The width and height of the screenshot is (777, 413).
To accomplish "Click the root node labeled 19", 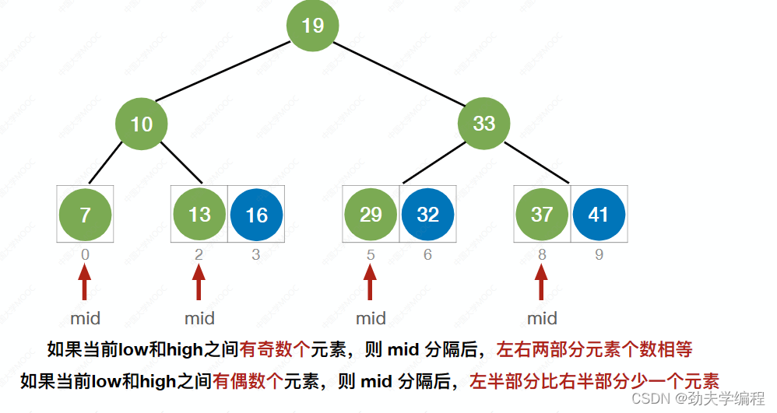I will pyautogui.click(x=312, y=26).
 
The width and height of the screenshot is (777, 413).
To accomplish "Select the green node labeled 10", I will pyautogui.click(x=142, y=124).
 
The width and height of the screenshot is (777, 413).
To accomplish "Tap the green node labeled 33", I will pyautogui.click(x=483, y=124).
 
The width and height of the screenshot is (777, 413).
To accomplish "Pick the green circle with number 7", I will pyautogui.click(x=85, y=214).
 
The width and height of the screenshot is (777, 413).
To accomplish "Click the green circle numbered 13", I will pyautogui.click(x=199, y=214).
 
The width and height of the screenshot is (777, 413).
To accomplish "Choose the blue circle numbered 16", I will pyautogui.click(x=256, y=214).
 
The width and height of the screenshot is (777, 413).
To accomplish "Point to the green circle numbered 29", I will pyautogui.click(x=371, y=214).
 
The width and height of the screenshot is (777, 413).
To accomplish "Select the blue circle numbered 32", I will pyautogui.click(x=427, y=214).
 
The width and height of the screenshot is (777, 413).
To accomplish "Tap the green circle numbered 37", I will pyautogui.click(x=542, y=214).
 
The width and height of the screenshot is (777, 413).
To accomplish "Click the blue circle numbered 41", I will pyautogui.click(x=599, y=214).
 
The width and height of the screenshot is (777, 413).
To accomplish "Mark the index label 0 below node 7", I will pyautogui.click(x=85, y=254).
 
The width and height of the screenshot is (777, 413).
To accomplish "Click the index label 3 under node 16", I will pyautogui.click(x=256, y=254).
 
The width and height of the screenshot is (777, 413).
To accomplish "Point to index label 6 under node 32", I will pyautogui.click(x=427, y=254).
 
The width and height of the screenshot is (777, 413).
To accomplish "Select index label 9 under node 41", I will pyautogui.click(x=599, y=254).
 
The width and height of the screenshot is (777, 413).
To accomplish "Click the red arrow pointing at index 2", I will pyautogui.click(x=199, y=282).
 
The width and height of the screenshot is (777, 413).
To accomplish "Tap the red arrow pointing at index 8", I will pyautogui.click(x=542, y=282).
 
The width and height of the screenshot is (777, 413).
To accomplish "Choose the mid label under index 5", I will pyautogui.click(x=371, y=318).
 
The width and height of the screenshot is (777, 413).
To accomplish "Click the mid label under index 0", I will pyautogui.click(x=85, y=318).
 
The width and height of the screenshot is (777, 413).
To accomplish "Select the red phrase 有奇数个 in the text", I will pyautogui.click(x=275, y=349).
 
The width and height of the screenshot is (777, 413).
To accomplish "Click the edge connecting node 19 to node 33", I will pyautogui.click(x=399, y=75).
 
